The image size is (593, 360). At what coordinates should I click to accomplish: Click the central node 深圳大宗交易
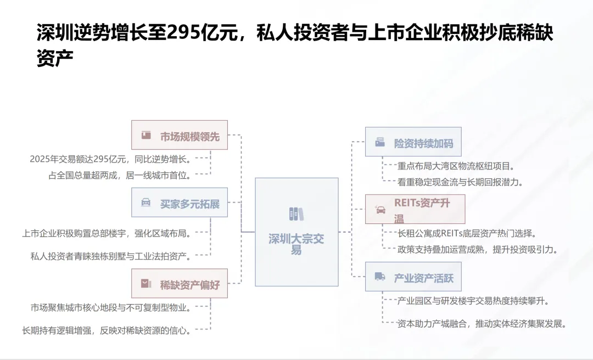296,232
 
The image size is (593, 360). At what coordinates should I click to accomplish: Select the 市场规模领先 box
180,135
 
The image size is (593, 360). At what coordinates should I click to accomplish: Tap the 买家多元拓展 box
180,203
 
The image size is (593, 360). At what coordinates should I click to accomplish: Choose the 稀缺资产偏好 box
180,284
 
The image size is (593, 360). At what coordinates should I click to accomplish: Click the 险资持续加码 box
413,142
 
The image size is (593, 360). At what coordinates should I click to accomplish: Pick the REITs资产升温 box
415,209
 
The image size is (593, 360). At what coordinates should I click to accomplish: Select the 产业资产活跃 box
413,277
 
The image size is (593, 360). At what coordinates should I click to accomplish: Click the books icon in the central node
296,213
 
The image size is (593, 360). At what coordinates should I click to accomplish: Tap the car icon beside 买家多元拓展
146,203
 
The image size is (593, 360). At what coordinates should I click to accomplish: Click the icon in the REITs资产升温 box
380,209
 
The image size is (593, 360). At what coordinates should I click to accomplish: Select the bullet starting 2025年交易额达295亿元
110,159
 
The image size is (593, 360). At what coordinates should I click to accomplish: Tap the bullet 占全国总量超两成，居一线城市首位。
119,176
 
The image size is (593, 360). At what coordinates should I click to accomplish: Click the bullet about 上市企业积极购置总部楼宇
107,233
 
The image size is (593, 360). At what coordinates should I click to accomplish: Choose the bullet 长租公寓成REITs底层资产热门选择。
466,233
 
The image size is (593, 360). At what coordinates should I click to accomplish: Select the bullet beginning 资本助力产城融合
481,323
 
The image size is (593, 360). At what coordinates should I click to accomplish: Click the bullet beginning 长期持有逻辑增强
107,330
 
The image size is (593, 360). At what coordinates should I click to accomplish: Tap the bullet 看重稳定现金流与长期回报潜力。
460,182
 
